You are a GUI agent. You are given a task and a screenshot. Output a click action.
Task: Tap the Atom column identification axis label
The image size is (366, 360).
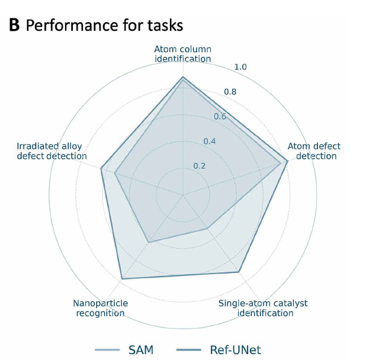pyautogui.click(x=183, y=54)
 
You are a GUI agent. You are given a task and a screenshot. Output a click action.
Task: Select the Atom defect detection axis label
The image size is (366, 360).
pyautogui.click(x=314, y=151)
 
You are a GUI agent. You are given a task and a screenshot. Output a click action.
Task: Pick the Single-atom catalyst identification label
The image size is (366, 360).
pyautogui.click(x=263, y=308)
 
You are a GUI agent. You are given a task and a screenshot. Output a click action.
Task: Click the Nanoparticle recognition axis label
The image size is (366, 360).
pyautogui.click(x=101, y=308)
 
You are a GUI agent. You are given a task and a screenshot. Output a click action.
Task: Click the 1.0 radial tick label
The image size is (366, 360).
pyautogui.click(x=240, y=67)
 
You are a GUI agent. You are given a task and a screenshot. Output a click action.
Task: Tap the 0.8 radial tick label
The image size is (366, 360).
pyautogui.click(x=229, y=92)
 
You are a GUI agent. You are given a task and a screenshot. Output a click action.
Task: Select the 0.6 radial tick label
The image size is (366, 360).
pyautogui.click(x=220, y=116)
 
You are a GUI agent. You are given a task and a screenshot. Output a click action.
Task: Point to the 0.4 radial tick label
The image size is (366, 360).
pyautogui.click(x=210, y=141)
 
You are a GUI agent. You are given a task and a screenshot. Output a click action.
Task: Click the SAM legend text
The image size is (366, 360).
pyautogui.click(x=141, y=349)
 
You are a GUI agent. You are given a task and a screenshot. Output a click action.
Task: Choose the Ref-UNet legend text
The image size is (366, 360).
pyautogui.click(x=235, y=349)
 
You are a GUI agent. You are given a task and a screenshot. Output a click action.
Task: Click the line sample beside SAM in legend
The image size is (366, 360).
pyautogui.click(x=110, y=349)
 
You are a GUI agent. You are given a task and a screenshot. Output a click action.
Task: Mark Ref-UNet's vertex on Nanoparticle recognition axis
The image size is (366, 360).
pyautogui.click(x=121, y=278)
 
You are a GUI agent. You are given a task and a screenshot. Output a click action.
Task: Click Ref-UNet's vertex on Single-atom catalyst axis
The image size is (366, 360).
pyautogui.click(x=239, y=272)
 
